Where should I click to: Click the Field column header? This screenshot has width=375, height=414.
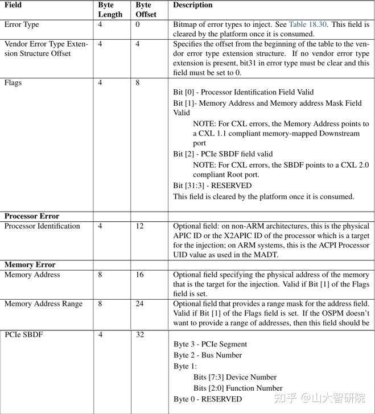tap(14, 5)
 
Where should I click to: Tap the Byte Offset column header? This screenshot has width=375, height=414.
tap(146, 10)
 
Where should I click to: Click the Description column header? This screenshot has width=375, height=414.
tap(193, 5)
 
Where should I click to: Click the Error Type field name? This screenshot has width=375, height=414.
tap(22, 25)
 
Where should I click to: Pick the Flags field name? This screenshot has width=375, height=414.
tap(13, 83)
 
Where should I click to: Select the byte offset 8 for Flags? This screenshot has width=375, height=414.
tap(138, 83)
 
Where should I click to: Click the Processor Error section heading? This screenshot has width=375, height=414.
tap(32, 216)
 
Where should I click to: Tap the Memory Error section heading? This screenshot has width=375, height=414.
tap(30, 264)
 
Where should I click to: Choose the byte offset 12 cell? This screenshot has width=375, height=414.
tap(140, 226)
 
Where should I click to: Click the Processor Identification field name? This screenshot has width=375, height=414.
tap(42, 226)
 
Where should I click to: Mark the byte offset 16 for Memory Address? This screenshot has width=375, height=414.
tap(140, 275)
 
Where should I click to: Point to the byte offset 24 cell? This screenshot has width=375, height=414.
tap(140, 304)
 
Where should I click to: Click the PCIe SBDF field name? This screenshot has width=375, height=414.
tap(23, 334)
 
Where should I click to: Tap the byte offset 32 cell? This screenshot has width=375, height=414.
tap(140, 334)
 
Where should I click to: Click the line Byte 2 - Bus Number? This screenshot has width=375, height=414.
tap(208, 355)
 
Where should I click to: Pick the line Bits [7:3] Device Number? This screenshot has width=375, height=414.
tap(234, 377)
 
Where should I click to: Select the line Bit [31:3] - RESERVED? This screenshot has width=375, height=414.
tap(212, 185)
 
